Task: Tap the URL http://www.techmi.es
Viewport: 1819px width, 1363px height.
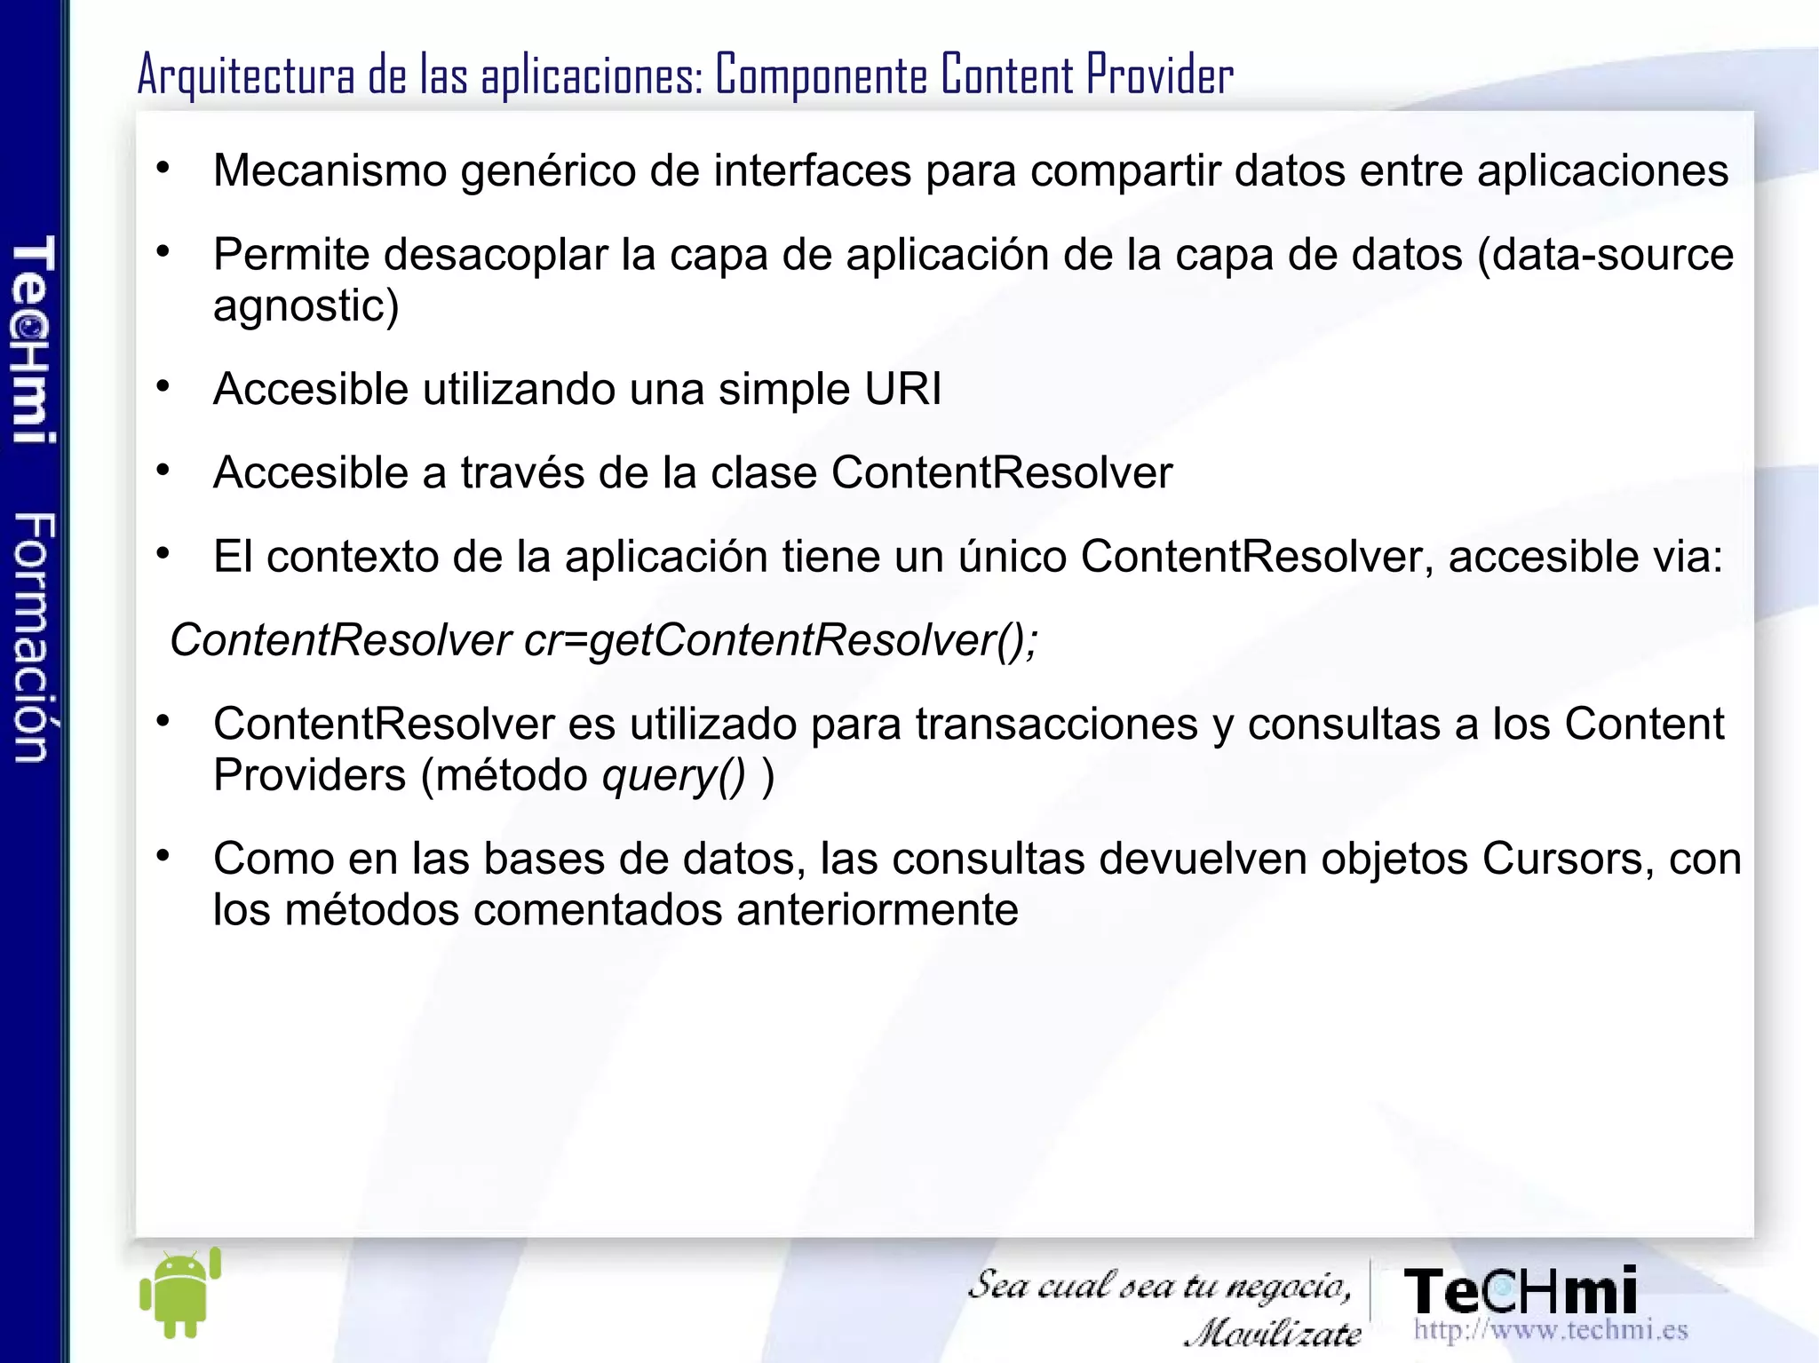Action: pos(1550,1329)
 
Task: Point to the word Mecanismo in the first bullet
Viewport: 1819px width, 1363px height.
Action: pos(330,170)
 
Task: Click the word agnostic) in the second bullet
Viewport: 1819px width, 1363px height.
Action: pos(306,305)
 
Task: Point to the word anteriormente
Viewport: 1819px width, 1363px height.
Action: pos(877,909)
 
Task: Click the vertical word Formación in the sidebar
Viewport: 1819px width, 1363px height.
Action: pos(34,637)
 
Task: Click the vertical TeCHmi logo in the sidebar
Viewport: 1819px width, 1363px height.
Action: pos(34,339)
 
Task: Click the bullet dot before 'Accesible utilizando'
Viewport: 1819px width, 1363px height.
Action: pos(163,387)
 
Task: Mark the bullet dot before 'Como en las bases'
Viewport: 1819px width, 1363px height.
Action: pos(163,857)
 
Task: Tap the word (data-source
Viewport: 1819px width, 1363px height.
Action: pos(1605,255)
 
